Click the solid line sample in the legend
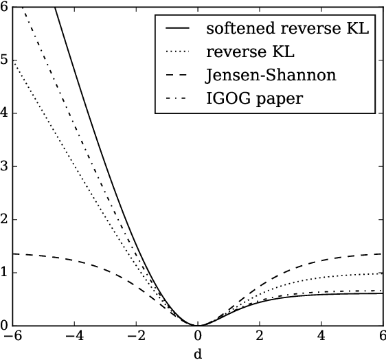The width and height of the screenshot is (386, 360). point(179,30)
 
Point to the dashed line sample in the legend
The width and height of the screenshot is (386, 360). point(179,76)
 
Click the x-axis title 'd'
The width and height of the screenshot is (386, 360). point(198,353)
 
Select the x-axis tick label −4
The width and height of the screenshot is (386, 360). point(74,337)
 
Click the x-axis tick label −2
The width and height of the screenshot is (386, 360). point(136,337)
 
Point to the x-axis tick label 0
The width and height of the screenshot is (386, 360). point(198,337)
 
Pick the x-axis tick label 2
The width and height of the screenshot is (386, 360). point(260,337)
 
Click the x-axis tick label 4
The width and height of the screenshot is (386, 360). point(321,337)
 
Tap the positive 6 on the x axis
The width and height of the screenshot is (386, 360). point(381,337)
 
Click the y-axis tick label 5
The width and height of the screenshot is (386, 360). point(5,60)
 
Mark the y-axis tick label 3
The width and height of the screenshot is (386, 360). point(5,166)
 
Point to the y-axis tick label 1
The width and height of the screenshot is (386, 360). point(5,273)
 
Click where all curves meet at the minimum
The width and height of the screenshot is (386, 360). point(198,325)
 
